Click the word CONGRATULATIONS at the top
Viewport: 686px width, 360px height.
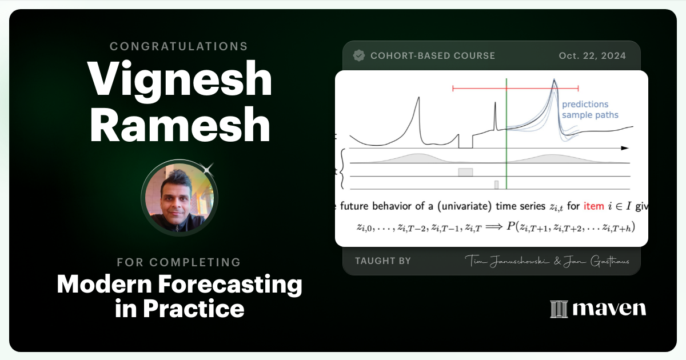(x=179, y=46)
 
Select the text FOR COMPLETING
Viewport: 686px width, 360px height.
(x=179, y=262)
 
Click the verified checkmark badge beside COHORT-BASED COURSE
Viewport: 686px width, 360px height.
(x=359, y=55)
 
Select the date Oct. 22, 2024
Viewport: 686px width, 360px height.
(x=592, y=55)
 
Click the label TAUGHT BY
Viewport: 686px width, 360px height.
(x=383, y=261)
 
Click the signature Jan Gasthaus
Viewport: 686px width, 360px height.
(x=597, y=261)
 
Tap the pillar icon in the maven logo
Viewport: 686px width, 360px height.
(x=558, y=309)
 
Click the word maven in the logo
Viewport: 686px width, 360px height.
(x=609, y=309)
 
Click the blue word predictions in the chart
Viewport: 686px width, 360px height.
(x=585, y=104)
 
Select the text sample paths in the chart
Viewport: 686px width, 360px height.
(x=589, y=115)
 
